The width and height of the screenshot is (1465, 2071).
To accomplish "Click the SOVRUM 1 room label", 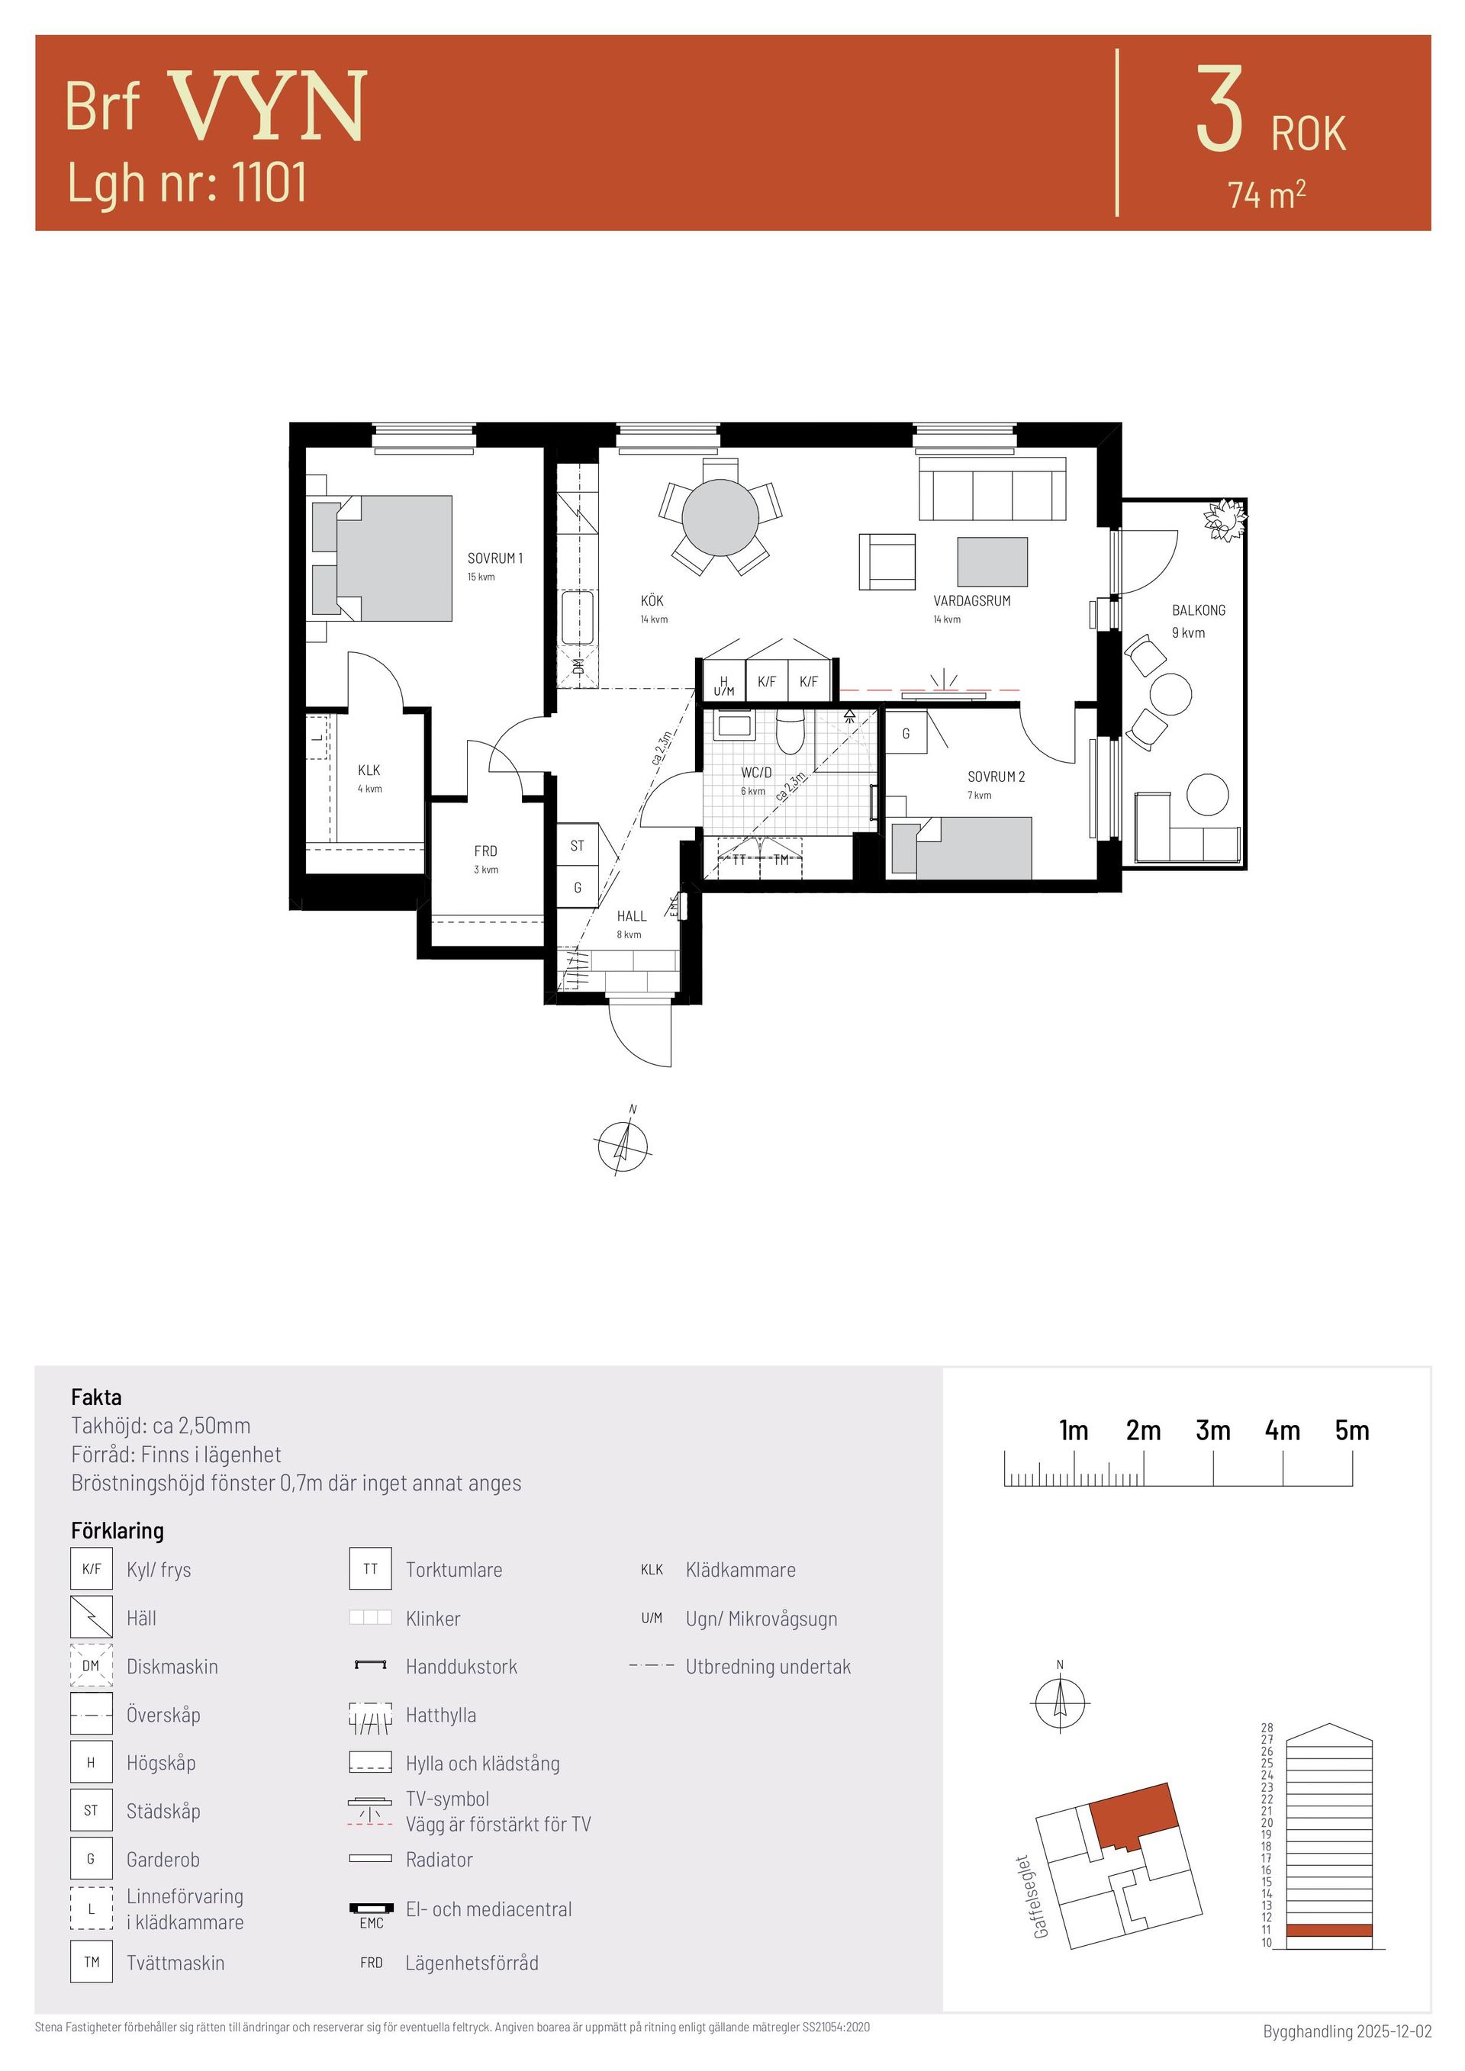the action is (x=494, y=558).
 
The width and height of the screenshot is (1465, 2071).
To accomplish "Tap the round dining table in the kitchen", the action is (x=720, y=518).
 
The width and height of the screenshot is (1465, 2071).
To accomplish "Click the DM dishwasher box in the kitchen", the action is (x=578, y=667).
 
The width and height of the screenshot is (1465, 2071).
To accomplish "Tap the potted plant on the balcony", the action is (x=1224, y=520).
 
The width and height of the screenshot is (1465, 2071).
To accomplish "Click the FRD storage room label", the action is (x=485, y=851).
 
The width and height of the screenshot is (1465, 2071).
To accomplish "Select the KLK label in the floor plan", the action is (x=369, y=770).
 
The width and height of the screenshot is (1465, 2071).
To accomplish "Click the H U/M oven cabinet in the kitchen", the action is (x=723, y=681).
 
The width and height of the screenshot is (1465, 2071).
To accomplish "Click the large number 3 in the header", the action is (x=1219, y=109).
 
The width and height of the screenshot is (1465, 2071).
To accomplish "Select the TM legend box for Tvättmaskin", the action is (x=91, y=1962).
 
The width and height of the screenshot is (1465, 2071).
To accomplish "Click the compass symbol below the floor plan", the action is (x=622, y=1146).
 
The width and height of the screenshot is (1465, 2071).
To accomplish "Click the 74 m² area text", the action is (x=1267, y=194).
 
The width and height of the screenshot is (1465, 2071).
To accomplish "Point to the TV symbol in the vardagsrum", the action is (x=945, y=686).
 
